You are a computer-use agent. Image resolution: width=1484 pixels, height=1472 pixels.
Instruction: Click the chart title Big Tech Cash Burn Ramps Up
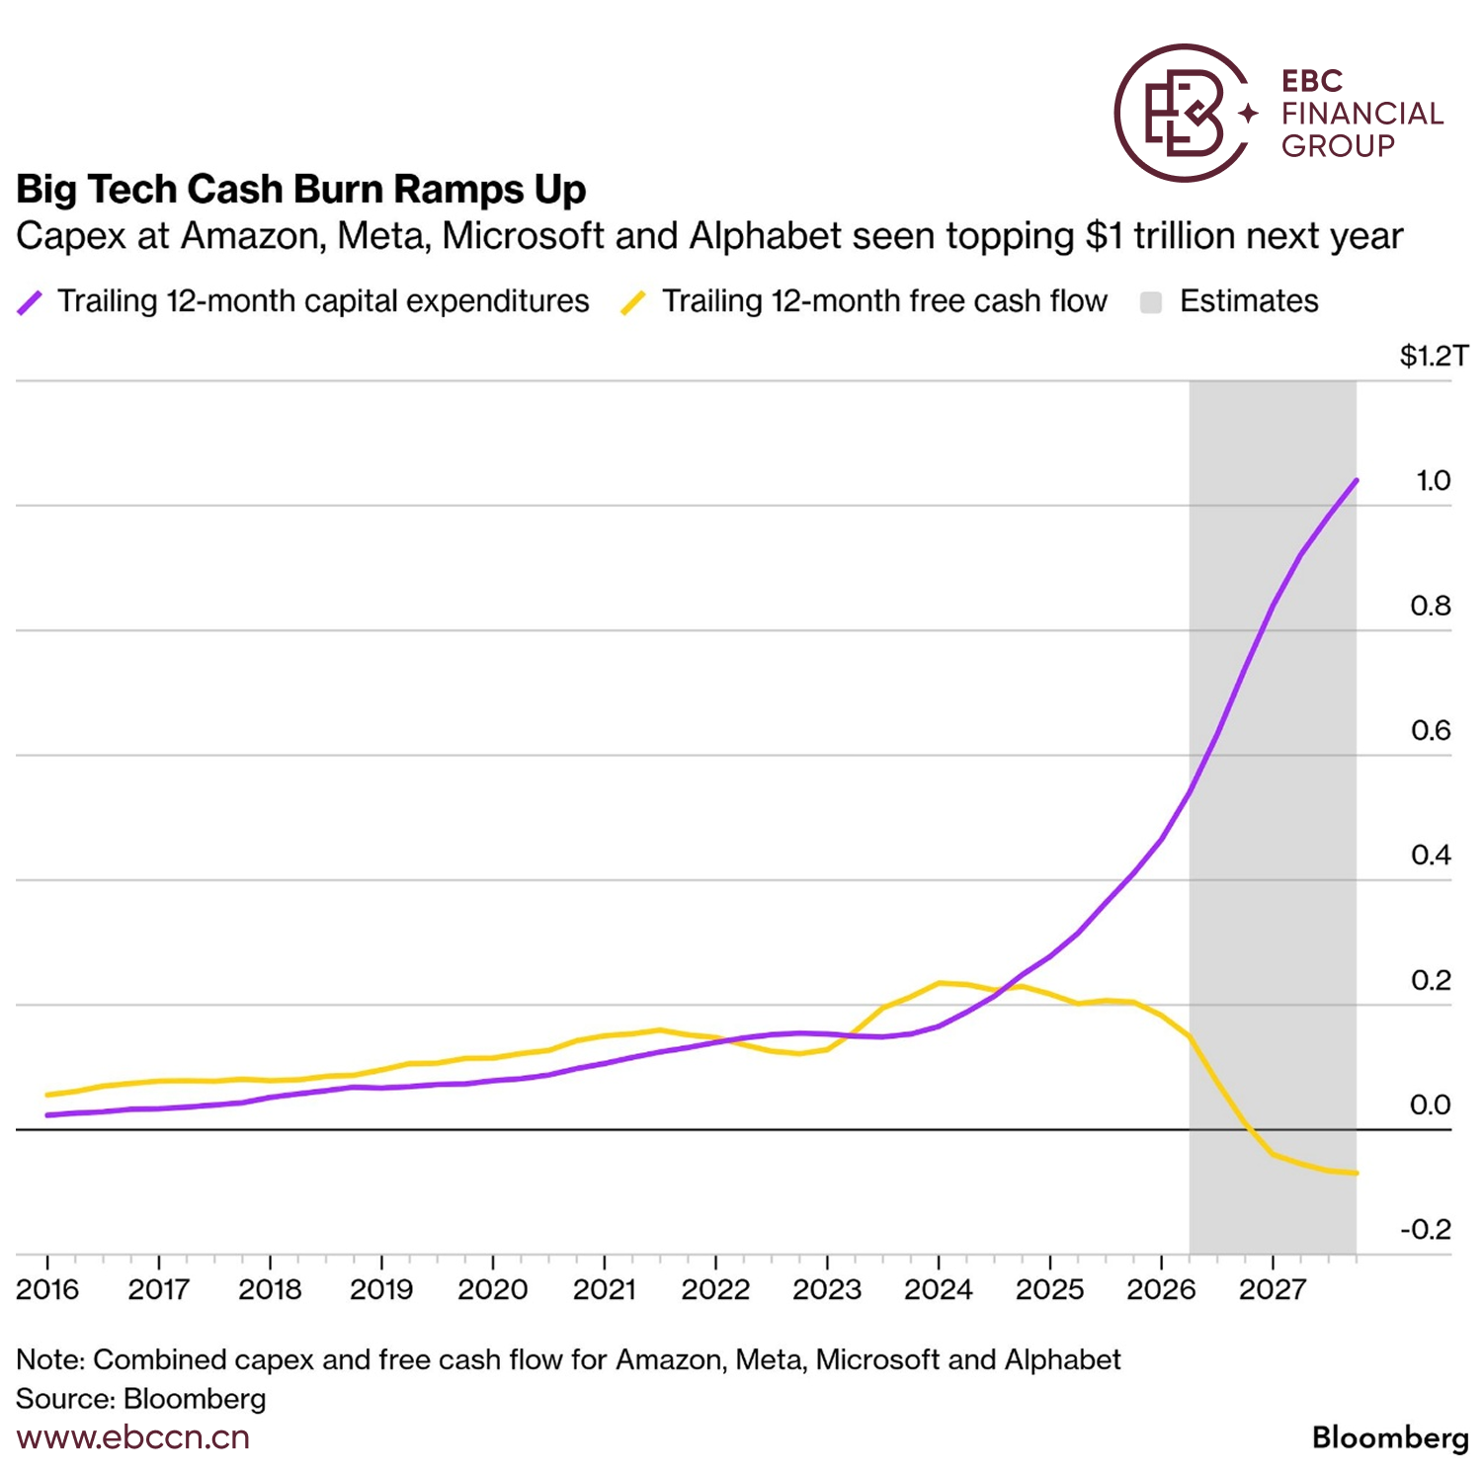tap(301, 189)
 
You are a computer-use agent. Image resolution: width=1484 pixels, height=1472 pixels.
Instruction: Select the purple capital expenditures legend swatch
tap(30, 302)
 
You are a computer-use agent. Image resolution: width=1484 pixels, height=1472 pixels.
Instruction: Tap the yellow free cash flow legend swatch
tap(633, 302)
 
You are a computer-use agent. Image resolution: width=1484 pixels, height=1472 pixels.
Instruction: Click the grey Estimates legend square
tap(1150, 302)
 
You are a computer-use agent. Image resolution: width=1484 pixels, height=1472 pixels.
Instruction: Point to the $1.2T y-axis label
tap(1435, 356)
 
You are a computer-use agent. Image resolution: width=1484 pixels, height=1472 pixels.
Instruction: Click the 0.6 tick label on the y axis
tap(1431, 730)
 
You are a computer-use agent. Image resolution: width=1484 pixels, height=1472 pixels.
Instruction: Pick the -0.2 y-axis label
tap(1426, 1229)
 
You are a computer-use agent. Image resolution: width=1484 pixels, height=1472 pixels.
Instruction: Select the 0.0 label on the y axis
tap(1431, 1104)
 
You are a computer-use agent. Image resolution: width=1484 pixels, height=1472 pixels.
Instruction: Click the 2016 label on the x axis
tap(47, 1289)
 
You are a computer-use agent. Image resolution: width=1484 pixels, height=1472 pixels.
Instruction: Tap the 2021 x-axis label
tap(605, 1289)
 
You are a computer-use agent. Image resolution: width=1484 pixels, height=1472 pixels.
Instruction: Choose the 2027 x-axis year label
tap(1273, 1289)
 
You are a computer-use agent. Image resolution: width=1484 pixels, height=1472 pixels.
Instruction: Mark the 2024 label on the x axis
tap(939, 1289)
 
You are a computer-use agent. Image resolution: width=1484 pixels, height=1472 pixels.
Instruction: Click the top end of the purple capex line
tap(1356, 481)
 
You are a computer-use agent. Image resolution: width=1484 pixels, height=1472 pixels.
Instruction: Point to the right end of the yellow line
tap(1356, 1173)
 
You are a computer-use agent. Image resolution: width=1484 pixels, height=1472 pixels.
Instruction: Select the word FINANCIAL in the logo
tap(1362, 114)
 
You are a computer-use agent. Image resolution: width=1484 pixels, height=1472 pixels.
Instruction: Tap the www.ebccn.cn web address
tap(133, 1437)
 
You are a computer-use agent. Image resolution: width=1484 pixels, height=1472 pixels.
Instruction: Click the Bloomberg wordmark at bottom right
tap(1391, 1438)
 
